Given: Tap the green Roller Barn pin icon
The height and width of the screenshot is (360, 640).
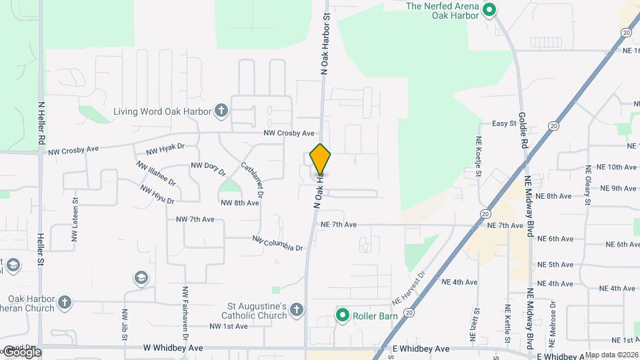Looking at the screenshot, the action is (343, 314).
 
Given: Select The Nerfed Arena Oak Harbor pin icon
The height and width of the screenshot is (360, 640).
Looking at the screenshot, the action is (489, 10).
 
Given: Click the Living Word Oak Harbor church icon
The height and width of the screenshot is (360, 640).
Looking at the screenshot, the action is (221, 111).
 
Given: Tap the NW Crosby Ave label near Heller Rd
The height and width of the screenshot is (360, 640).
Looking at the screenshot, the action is (74, 152).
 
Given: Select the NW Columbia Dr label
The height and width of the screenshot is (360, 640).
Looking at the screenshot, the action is (277, 243).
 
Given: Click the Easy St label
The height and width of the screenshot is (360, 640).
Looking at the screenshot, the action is (504, 123).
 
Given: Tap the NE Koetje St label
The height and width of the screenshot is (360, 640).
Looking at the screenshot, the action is (479, 157).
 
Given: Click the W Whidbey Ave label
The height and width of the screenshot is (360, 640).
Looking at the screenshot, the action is (172, 348).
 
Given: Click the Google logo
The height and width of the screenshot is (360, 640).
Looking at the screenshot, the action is (21, 352).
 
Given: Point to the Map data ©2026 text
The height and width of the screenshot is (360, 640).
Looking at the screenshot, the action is (611, 355).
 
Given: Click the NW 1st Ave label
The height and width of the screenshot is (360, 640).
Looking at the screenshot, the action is (228, 326).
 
